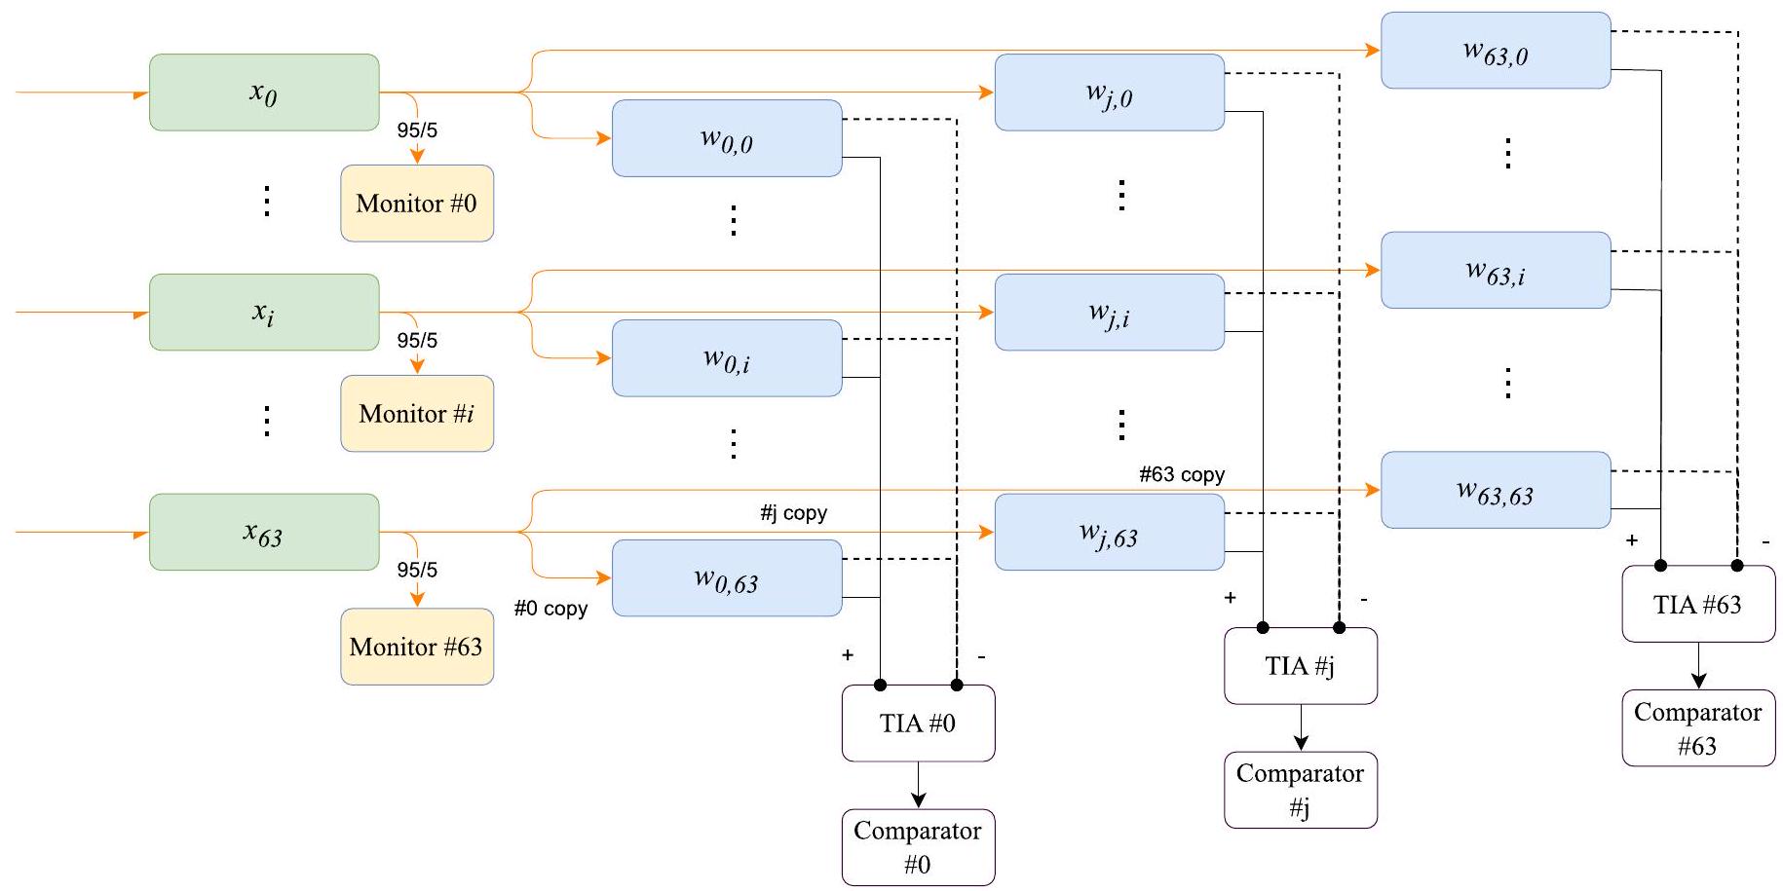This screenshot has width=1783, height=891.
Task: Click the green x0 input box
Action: click(263, 93)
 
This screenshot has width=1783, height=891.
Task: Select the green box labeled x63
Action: click(263, 533)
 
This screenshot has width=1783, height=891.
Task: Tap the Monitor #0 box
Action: click(417, 204)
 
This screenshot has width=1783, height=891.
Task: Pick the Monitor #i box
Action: click(417, 414)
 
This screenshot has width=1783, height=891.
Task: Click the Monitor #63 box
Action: click(417, 648)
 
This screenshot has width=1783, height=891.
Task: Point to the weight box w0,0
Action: click(727, 138)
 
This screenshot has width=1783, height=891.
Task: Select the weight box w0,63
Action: click(727, 578)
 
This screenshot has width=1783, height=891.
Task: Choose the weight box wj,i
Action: click(1109, 313)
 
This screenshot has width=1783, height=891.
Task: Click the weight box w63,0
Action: click(1496, 51)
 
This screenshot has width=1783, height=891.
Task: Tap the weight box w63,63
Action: click(1496, 491)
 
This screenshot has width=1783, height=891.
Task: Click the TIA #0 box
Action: click(918, 724)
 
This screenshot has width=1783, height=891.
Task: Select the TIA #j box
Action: click(1301, 666)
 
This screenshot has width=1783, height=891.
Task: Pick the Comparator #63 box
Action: click(1698, 728)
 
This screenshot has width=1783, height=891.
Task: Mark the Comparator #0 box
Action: click(918, 847)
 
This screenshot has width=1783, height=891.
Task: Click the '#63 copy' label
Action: click(1182, 475)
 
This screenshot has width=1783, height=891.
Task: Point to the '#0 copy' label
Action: click(550, 609)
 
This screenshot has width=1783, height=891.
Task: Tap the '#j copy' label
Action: click(793, 513)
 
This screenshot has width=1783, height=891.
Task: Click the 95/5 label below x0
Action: click(417, 130)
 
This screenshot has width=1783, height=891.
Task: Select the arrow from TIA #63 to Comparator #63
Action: click(1698, 666)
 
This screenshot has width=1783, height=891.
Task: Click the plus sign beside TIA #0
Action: click(848, 655)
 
